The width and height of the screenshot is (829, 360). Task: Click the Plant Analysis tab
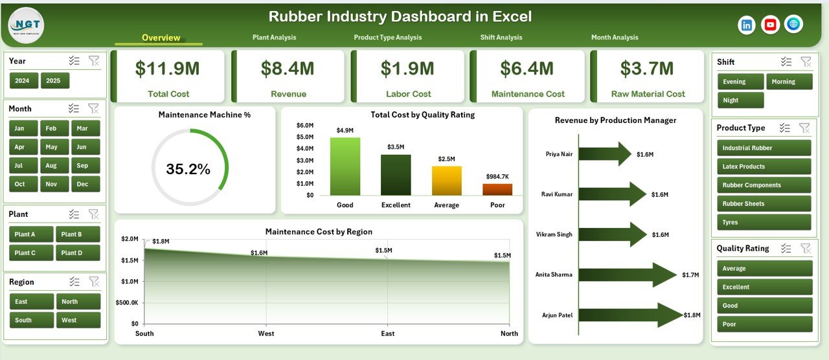click(x=274, y=38)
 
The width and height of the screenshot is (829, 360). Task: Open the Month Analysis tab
click(x=614, y=38)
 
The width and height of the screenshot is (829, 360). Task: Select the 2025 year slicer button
click(x=55, y=81)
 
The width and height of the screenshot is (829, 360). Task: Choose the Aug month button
click(x=51, y=165)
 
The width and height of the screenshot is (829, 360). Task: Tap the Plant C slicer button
click(x=25, y=253)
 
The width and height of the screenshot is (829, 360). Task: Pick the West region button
click(x=78, y=320)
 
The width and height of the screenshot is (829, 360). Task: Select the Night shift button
click(x=741, y=100)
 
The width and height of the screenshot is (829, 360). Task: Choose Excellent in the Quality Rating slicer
click(x=764, y=287)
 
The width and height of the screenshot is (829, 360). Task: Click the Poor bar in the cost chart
click(x=497, y=189)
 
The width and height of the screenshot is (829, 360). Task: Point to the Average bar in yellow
click(x=446, y=181)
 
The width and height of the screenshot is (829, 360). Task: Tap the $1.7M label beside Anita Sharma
click(x=690, y=275)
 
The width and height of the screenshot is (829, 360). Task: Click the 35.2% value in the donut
click(x=188, y=170)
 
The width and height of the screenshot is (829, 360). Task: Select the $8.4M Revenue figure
click(x=288, y=69)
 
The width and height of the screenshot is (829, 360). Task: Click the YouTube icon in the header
click(x=770, y=25)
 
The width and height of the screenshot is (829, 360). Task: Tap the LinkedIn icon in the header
click(x=747, y=25)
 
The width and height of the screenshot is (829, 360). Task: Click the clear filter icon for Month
click(x=93, y=109)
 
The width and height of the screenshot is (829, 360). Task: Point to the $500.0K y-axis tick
click(x=126, y=302)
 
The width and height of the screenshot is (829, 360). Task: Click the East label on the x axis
click(x=387, y=333)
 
